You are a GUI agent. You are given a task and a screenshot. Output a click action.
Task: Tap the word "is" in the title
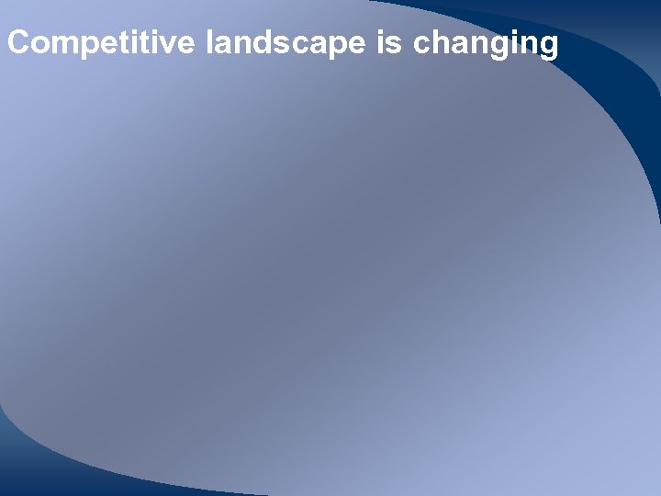click(389, 43)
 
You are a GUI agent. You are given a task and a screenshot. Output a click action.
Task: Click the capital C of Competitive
click(17, 43)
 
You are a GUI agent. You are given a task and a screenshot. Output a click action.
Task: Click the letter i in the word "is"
click(382, 43)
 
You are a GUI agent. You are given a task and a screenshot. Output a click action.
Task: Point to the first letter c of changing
click(423, 45)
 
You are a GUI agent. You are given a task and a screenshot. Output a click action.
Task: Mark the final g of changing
click(547, 47)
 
